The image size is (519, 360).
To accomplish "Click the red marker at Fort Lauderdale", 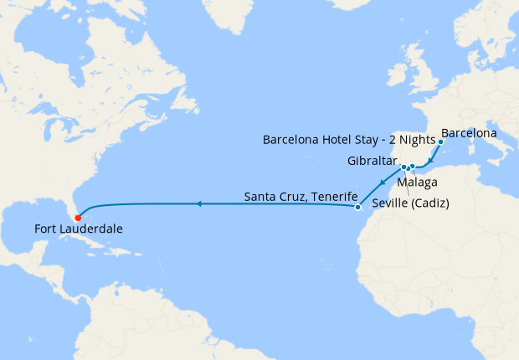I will [x=78, y=219].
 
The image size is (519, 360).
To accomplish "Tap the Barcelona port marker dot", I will [x=440, y=141].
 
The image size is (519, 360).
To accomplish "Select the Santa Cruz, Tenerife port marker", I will [x=357, y=207].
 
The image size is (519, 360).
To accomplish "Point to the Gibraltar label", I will [x=373, y=160].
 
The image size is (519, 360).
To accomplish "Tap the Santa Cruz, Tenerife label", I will [x=297, y=198].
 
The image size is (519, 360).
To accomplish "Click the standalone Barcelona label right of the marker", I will [x=469, y=133].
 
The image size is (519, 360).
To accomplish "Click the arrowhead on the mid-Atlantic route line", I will [x=199, y=203].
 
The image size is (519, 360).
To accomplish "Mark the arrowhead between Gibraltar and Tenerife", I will [x=382, y=183].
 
